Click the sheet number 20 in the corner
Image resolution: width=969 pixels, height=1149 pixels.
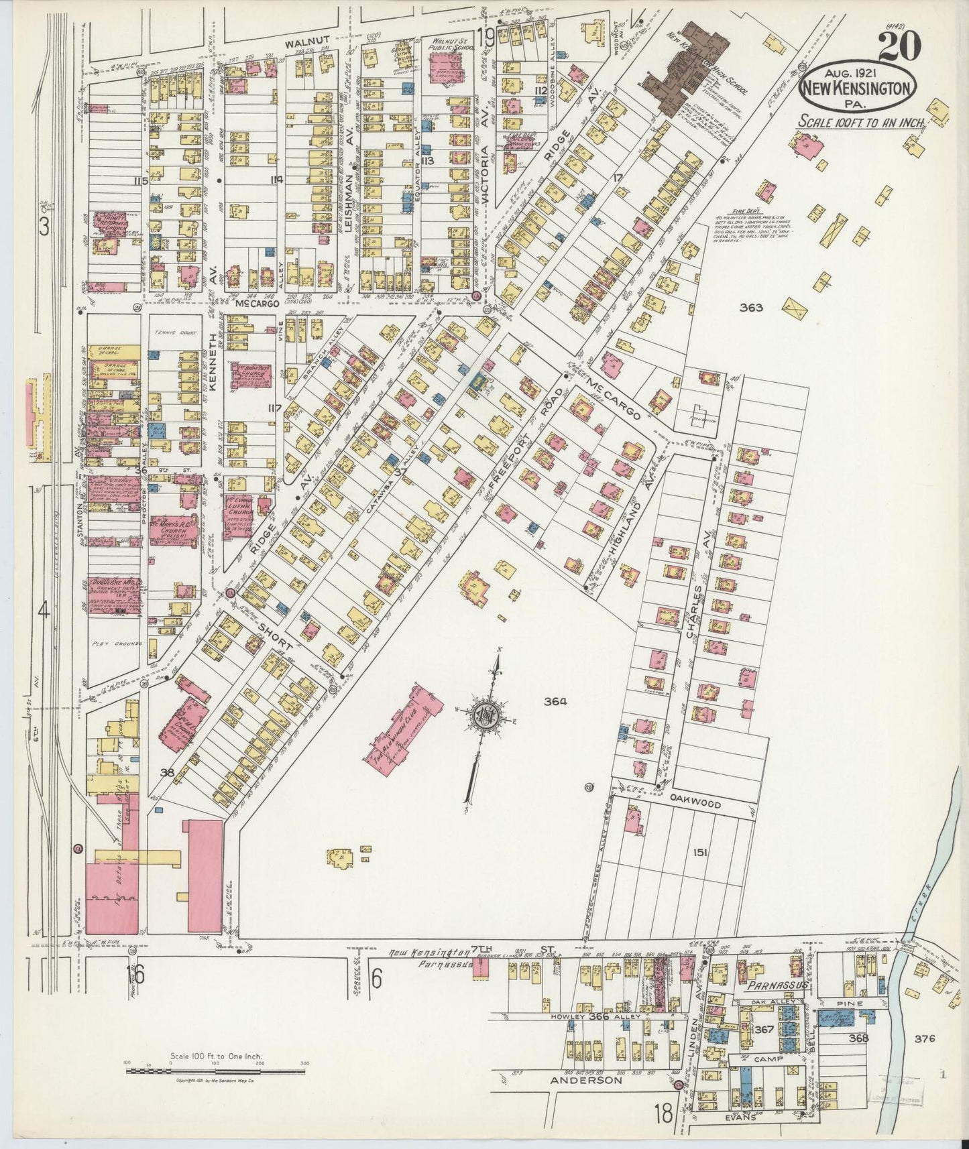point(898,48)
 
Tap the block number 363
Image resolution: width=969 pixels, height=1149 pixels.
point(752,308)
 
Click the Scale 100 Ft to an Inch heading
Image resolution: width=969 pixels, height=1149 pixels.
point(860,122)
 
